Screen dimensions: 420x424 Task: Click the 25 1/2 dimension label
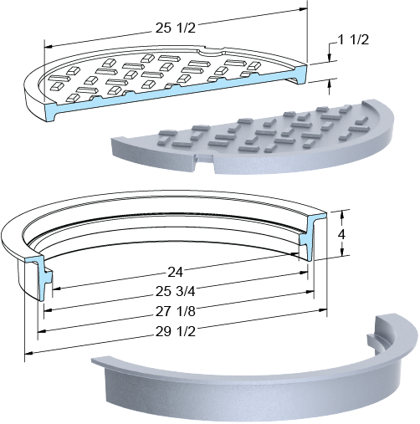(x=176, y=28)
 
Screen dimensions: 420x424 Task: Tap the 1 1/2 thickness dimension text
(x=353, y=40)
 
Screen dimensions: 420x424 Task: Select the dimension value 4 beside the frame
(x=341, y=235)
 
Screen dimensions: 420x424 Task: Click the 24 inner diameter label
(x=176, y=272)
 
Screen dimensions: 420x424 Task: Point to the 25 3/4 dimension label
(x=176, y=292)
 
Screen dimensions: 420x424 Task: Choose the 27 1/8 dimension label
(x=176, y=311)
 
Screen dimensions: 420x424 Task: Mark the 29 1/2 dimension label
(x=176, y=331)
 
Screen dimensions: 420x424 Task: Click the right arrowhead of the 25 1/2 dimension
(x=303, y=9)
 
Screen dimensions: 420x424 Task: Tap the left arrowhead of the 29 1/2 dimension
(x=29, y=353)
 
